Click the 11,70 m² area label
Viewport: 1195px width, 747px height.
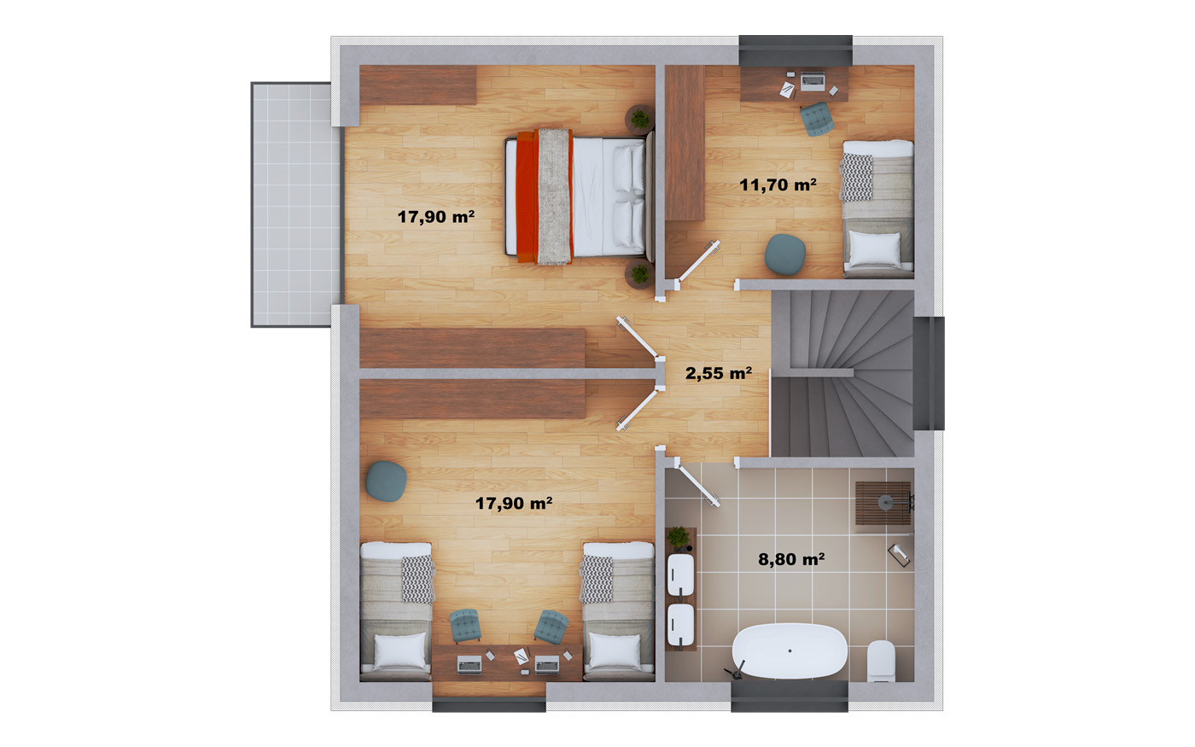(x=778, y=185)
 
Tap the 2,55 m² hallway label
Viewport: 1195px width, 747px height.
(x=719, y=374)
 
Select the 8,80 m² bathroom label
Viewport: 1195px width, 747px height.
(x=791, y=559)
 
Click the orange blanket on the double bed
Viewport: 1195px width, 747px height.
(x=528, y=197)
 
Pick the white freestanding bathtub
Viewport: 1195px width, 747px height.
(x=789, y=651)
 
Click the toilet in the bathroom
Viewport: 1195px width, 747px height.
(x=881, y=661)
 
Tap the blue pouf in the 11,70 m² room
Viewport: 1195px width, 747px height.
(x=784, y=254)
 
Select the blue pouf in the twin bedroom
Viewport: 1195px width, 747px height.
(x=386, y=481)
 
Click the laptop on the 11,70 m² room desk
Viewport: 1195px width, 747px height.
(x=813, y=80)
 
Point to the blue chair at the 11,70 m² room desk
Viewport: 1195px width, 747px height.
(x=816, y=119)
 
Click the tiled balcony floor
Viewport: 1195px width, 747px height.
(x=296, y=204)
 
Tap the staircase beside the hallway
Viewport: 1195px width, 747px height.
(x=842, y=374)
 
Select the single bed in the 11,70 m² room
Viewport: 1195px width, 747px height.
(x=877, y=208)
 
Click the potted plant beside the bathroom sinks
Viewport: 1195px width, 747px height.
(x=679, y=538)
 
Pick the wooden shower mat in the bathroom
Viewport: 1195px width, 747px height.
(x=883, y=503)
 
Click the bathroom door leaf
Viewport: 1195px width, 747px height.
(x=697, y=485)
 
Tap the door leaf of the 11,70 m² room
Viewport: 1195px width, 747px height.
(x=698, y=261)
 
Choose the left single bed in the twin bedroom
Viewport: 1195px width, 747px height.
(x=396, y=611)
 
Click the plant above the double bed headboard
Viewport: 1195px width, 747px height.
(x=639, y=119)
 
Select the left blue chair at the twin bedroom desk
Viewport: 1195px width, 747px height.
(x=465, y=626)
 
